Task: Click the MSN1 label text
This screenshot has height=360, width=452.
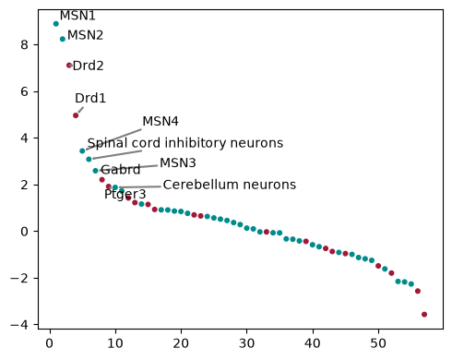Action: click(x=77, y=16)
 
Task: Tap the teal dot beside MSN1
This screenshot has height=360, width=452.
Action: click(x=56, y=24)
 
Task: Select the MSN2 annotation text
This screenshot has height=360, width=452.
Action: click(x=85, y=35)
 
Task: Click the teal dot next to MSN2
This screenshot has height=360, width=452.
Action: click(x=63, y=39)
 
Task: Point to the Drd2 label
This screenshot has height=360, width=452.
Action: click(x=89, y=66)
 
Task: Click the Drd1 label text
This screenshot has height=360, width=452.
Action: click(x=90, y=98)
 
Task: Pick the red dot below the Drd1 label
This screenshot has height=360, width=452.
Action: click(x=76, y=115)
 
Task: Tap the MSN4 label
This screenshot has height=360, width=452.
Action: click(x=161, y=121)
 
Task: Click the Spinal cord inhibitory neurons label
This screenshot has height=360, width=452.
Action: click(x=185, y=143)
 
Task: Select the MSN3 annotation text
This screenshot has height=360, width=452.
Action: click(x=178, y=162)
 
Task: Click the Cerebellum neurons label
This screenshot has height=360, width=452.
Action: click(x=230, y=185)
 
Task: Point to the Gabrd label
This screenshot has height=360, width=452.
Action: click(x=121, y=170)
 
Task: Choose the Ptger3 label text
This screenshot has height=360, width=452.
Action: click(x=125, y=195)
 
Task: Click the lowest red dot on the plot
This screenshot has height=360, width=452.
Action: click(x=424, y=314)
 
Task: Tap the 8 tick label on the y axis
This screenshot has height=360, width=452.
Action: click(x=24, y=45)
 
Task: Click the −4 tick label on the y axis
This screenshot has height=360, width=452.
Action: click(x=19, y=325)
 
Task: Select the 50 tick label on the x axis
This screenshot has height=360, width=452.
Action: click(x=378, y=343)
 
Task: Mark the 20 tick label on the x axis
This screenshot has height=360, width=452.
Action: click(x=181, y=343)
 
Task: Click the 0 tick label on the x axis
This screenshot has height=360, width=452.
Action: click(x=50, y=343)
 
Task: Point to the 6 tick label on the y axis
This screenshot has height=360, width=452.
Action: click(x=24, y=91)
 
